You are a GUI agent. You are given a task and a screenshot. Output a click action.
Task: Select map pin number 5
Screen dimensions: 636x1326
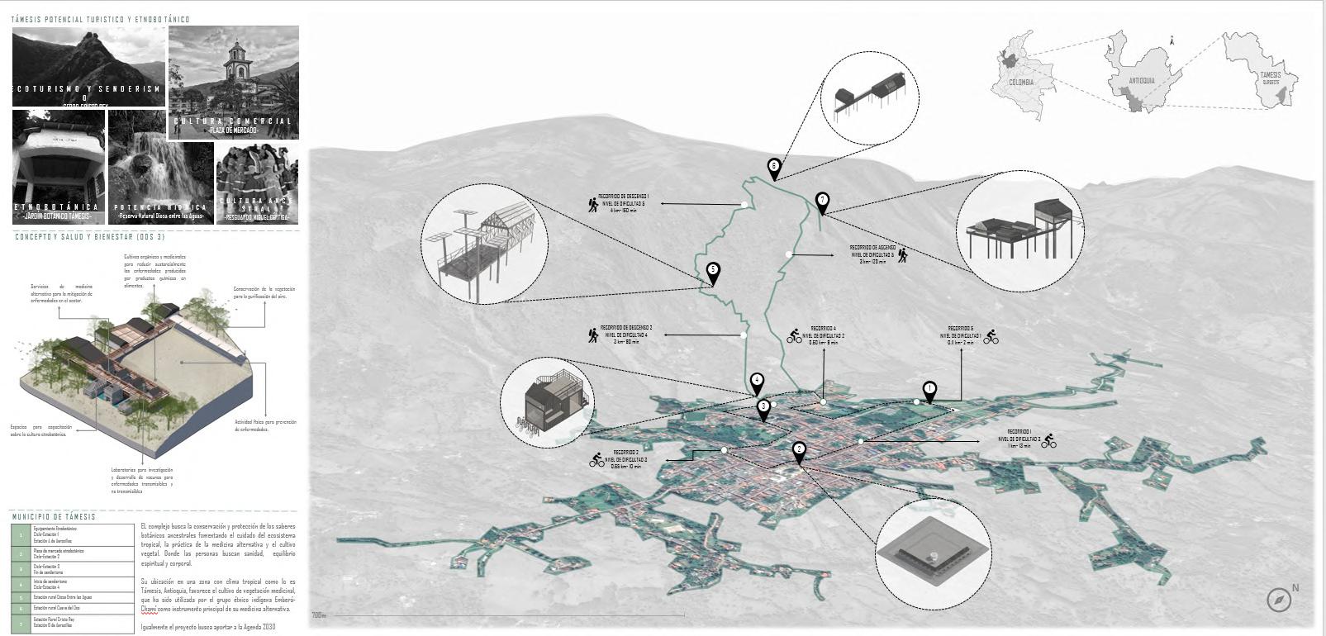pos(713,272)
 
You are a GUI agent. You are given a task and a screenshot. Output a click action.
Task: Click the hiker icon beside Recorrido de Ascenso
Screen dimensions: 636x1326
pos(902,255)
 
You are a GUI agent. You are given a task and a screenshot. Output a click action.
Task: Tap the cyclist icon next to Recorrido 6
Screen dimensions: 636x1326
pos(991,337)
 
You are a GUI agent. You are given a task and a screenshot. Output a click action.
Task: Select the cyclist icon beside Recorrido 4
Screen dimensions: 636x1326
pos(795,336)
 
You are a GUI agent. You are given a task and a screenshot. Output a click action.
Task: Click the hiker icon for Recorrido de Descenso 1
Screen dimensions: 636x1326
pos(593,203)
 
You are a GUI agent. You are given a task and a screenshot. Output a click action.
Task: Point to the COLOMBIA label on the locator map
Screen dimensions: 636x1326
pos(1021,83)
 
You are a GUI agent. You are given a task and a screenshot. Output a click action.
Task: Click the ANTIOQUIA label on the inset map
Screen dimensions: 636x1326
pos(1141,81)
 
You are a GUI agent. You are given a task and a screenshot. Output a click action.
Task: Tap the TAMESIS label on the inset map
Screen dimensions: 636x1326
pos(1270,75)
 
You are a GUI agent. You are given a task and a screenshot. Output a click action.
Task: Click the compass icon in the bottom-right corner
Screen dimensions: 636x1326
pos(1279,600)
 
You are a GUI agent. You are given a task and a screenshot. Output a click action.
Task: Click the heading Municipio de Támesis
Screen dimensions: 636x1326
pos(54,517)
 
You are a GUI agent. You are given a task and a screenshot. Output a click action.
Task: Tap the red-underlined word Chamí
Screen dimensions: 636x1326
pos(149,610)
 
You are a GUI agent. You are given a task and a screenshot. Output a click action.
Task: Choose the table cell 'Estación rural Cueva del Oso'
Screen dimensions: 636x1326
pos(81,607)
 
